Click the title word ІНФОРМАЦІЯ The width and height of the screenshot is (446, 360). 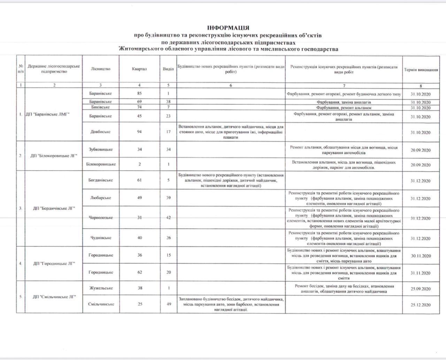click(228, 28)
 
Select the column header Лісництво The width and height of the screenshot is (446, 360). click(100, 69)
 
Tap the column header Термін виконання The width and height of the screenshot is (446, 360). click(421, 70)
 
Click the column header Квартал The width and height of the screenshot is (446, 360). click(139, 69)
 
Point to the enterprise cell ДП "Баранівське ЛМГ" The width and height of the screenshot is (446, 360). click(47, 115)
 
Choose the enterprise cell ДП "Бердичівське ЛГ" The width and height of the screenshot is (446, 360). click(54, 209)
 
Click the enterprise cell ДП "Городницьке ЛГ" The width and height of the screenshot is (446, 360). click(54, 264)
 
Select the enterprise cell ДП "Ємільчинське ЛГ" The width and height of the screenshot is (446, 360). click(54, 297)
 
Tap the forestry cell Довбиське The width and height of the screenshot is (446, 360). click(100, 132)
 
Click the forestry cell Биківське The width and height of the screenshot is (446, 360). click(100, 107)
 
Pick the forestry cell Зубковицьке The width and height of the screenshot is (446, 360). click(101, 150)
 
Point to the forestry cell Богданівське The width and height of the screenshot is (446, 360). click(101, 180)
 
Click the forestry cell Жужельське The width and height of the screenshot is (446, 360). click(101, 288)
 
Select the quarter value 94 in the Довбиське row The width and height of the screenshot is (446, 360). click(139, 132)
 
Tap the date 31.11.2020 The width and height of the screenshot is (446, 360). click(421, 273)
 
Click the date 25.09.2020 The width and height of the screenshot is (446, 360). click(421, 289)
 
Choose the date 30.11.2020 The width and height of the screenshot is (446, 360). click(421, 256)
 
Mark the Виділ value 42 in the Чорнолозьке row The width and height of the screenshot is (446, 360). click(168, 218)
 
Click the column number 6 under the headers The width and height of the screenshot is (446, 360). click(231, 85)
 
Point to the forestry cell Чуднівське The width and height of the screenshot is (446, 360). click(101, 238)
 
